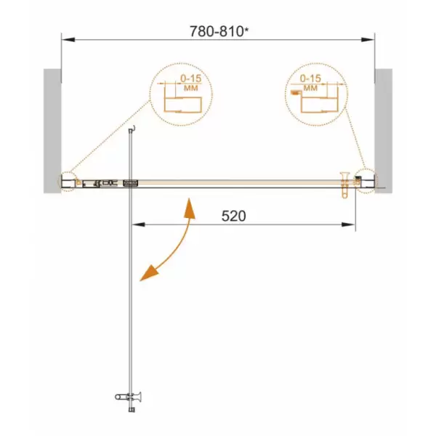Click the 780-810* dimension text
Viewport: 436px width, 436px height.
[x=219, y=31]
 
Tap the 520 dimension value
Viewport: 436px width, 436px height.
[x=233, y=216]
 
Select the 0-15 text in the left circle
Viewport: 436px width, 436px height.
[x=191, y=78]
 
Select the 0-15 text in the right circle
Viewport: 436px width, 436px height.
[x=310, y=78]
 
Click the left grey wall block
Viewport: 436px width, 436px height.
[x=52, y=131]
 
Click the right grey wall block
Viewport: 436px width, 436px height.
[x=384, y=131]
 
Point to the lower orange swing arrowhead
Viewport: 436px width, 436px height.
[x=148, y=273]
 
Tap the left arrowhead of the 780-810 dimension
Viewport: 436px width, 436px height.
[x=68, y=39]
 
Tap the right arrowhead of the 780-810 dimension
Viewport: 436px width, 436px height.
[x=368, y=39]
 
